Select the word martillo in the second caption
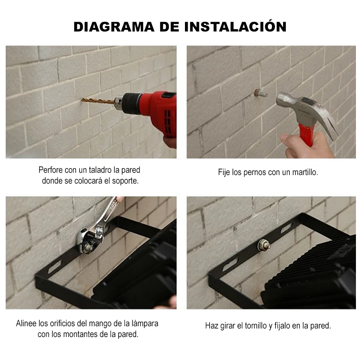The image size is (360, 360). [304, 172]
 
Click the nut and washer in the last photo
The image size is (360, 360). [261, 245]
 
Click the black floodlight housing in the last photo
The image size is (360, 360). [315, 274]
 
